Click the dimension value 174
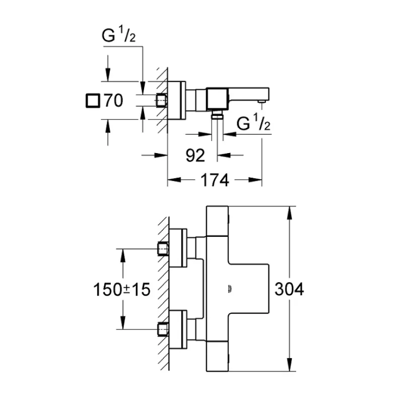[215, 180]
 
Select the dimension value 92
[195, 156]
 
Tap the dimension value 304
[290, 289]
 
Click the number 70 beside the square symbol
[113, 101]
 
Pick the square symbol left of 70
[93, 101]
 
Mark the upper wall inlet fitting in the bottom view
[163, 248]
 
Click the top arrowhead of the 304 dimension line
[289, 211]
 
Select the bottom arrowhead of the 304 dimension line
[289, 367]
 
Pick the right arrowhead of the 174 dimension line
[257, 179]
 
